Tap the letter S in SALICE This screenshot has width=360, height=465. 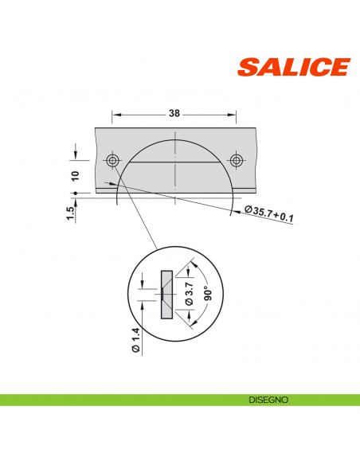(x=248, y=68)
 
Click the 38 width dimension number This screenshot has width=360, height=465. (x=174, y=113)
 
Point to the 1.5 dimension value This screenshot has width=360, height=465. (x=71, y=213)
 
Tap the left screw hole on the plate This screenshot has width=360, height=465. (x=113, y=161)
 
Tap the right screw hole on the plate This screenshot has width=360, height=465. (x=236, y=161)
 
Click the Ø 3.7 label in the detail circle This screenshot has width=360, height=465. (x=189, y=294)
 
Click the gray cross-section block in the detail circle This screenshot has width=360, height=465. (x=166, y=295)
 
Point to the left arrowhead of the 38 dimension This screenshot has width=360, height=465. (x=114, y=113)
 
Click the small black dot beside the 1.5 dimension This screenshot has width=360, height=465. (x=74, y=193)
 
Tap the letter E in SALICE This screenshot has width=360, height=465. (x=340, y=68)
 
